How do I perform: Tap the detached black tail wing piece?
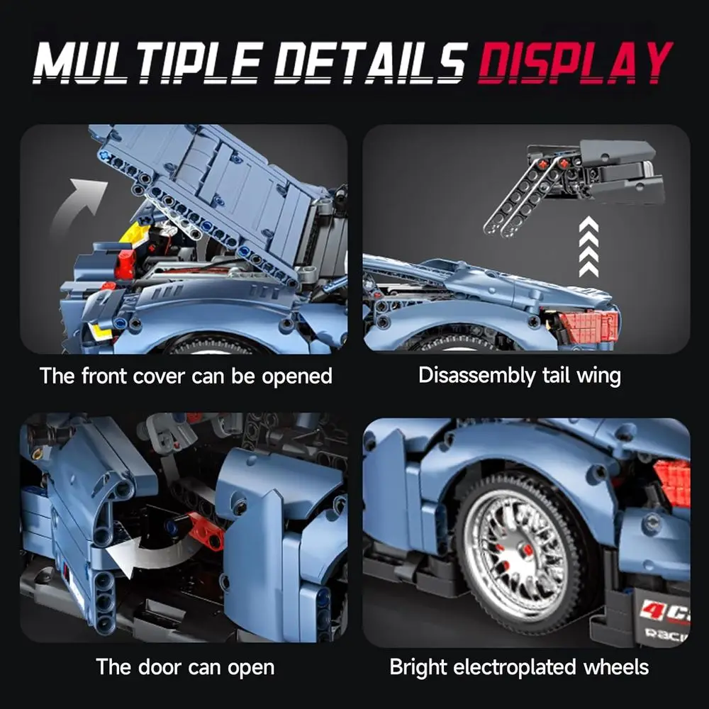(603, 167)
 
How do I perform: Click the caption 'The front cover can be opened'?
(186, 375)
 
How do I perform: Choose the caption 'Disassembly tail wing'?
(519, 375)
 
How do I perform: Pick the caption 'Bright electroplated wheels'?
(519, 666)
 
